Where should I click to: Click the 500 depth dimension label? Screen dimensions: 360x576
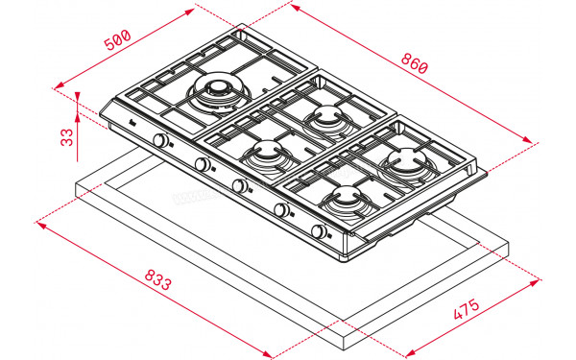pyautogui.click(x=116, y=42)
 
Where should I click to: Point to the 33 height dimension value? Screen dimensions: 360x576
pyautogui.click(x=66, y=135)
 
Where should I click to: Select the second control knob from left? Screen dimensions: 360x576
pyautogui.click(x=203, y=165)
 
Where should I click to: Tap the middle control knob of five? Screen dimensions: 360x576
pyautogui.click(x=240, y=186)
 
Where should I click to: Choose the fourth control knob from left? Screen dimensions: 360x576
pyautogui.click(x=281, y=209)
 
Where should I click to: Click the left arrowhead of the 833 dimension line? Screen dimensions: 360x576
pyautogui.click(x=41, y=226)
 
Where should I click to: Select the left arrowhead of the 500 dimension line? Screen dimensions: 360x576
pyautogui.click(x=78, y=92)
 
